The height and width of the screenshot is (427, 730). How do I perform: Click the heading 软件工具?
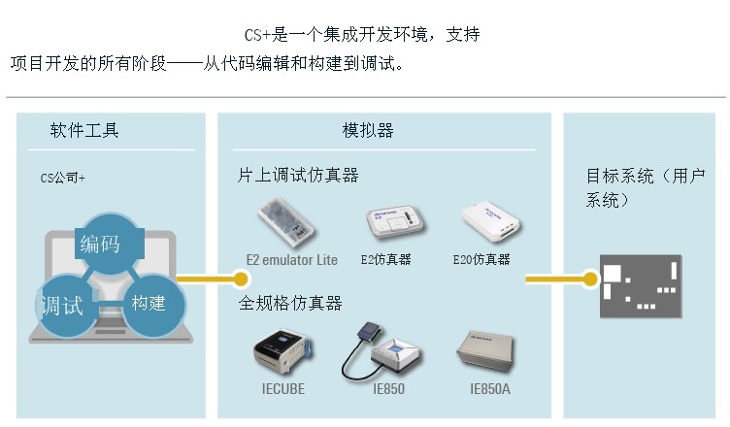[84, 130]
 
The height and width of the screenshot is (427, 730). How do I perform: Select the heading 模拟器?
[368, 130]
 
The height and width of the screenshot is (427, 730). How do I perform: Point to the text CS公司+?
[62, 178]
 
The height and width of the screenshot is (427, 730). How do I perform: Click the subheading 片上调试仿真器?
[298, 176]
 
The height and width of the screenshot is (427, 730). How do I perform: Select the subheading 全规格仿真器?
[290, 304]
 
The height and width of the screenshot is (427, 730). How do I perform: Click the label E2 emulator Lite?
[291, 260]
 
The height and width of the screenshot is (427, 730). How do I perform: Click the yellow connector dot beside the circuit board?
[589, 279]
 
